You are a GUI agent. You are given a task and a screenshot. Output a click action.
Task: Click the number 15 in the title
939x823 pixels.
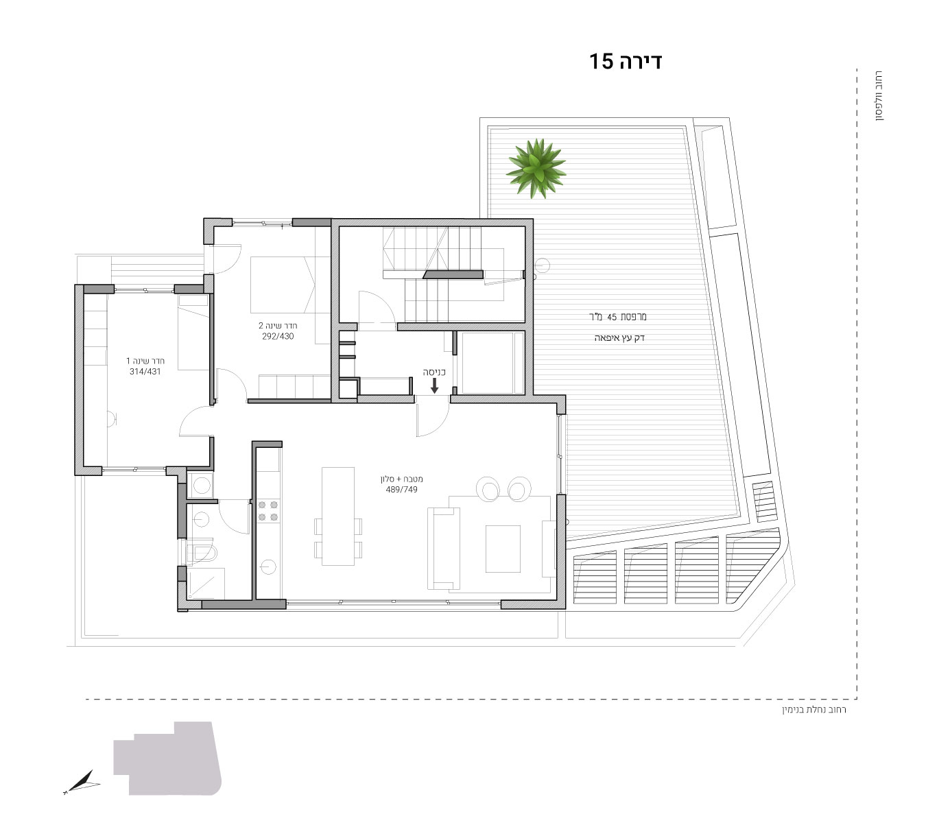point(601,61)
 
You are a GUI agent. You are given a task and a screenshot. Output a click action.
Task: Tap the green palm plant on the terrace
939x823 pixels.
point(536,168)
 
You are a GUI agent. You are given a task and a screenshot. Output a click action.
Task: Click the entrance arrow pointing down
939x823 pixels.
point(434,385)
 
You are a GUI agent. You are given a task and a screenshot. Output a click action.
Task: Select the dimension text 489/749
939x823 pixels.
point(401,490)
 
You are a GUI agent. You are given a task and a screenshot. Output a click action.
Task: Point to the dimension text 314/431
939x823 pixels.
point(145,371)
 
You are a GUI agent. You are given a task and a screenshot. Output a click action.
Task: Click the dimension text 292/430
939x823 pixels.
point(278,337)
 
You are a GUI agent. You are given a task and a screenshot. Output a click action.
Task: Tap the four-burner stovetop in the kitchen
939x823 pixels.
point(268,511)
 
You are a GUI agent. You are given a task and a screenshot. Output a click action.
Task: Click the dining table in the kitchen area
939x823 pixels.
point(338,516)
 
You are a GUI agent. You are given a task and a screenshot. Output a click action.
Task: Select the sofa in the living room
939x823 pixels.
point(444,548)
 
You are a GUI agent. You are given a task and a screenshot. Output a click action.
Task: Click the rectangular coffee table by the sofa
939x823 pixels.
point(503,549)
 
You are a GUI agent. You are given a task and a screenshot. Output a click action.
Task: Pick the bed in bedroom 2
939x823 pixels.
point(283,285)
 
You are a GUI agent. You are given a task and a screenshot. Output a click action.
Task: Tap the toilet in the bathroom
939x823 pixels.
point(202,551)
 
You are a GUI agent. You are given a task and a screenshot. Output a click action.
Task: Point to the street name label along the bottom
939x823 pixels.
point(814,709)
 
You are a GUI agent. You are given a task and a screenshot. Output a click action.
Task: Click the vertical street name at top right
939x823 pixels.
point(879,96)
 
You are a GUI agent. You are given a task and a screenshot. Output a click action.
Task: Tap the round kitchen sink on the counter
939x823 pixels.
point(268,566)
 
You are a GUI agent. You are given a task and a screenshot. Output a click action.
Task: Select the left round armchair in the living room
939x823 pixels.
point(488,488)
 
